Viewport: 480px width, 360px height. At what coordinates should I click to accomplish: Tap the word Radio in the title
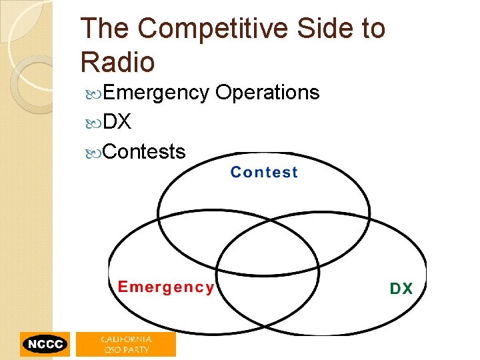coord(117,62)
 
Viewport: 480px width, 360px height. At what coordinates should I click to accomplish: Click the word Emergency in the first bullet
coord(156,93)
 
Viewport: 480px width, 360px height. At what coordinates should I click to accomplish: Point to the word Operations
coord(267,93)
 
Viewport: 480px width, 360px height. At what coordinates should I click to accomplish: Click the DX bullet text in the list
coord(117,122)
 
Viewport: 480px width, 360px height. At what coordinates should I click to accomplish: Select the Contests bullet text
coord(145,151)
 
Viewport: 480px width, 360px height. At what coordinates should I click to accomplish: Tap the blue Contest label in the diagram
coord(264,173)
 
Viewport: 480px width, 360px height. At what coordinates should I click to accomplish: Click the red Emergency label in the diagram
coord(166,287)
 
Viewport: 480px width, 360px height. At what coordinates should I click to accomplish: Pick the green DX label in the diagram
coord(401,289)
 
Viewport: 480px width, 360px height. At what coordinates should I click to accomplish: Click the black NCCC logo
coord(45,344)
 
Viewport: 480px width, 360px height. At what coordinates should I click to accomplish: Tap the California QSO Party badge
coord(126,344)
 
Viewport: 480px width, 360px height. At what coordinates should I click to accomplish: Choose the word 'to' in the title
coord(372,29)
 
